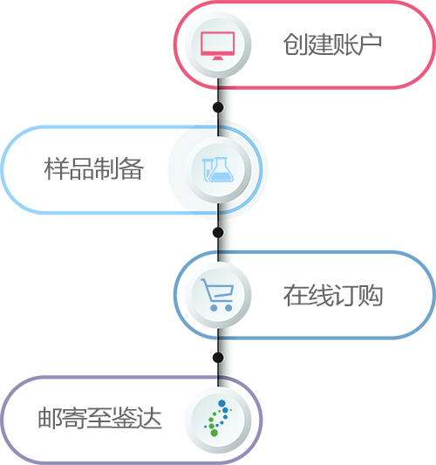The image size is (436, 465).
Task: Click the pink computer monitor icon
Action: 217,45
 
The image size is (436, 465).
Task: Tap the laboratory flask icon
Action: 218,169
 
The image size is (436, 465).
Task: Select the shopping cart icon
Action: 217,295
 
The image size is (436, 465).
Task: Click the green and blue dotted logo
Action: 218,418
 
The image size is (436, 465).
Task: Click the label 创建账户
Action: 332,44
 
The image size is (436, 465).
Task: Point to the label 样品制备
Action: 94,168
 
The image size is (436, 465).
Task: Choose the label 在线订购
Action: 333,295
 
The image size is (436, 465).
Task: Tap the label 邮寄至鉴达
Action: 100,418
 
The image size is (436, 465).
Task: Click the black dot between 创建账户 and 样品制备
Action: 218,107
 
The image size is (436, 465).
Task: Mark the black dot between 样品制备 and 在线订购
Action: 218,232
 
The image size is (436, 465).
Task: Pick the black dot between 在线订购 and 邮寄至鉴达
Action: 218,358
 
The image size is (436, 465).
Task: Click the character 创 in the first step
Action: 296,44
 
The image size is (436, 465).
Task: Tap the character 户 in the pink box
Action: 370,44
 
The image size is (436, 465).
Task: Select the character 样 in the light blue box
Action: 57,168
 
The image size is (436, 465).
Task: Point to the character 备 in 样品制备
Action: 132,168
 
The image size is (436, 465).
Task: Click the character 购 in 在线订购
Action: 371,295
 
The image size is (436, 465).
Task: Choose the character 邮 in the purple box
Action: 50,418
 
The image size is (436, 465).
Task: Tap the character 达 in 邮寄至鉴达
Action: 150,418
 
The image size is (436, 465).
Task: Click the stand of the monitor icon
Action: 217,58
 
